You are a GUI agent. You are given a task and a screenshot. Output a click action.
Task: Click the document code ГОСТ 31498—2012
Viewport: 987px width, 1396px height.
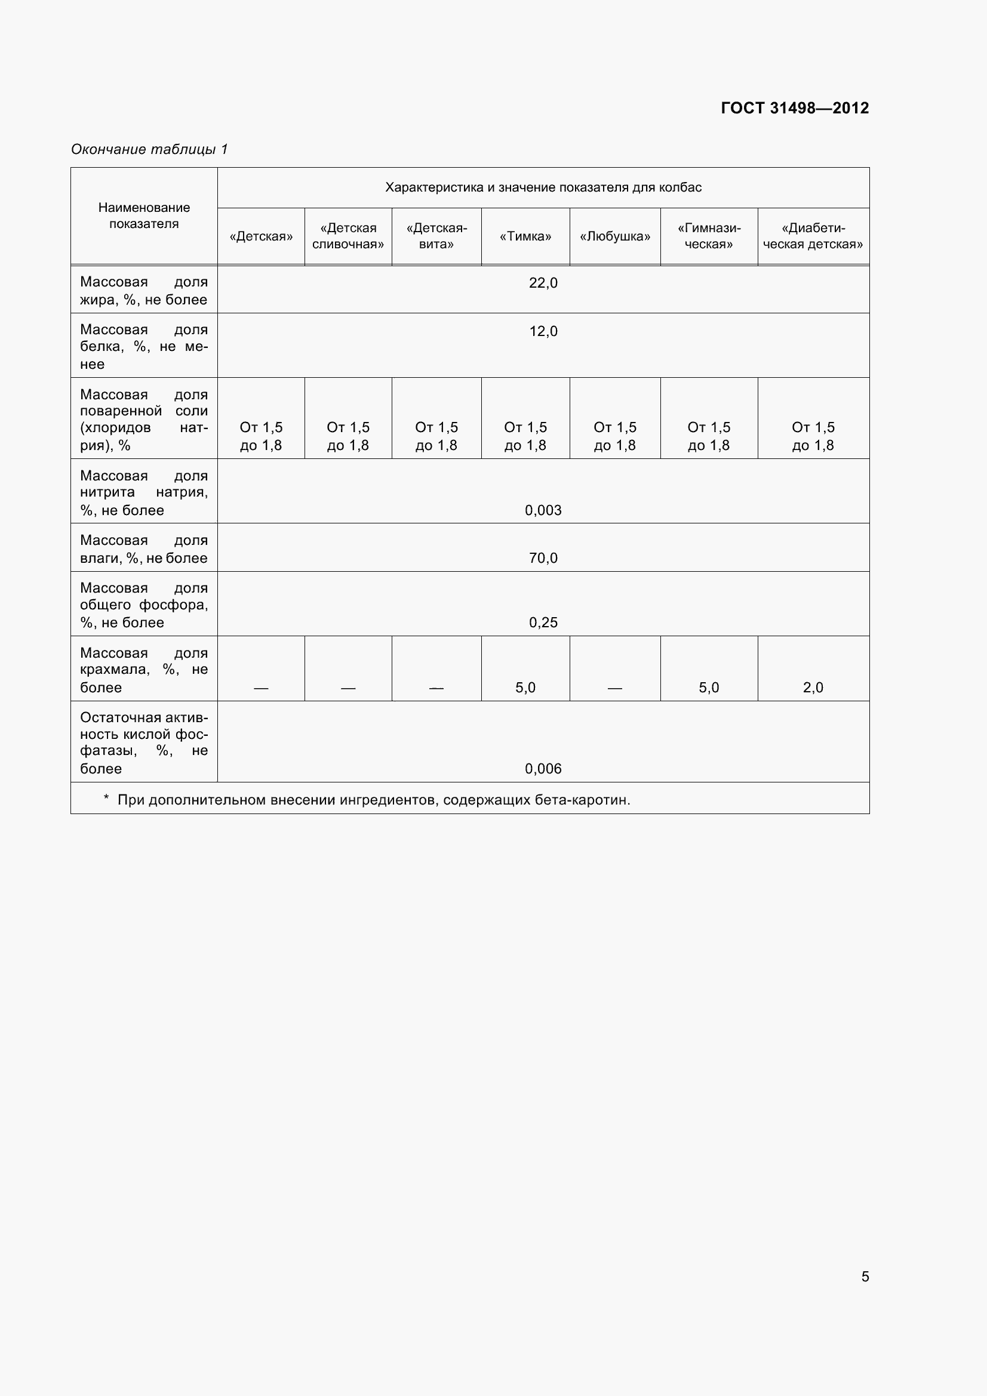(x=794, y=108)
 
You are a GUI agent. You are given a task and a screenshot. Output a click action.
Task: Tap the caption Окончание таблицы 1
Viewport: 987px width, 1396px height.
(x=149, y=150)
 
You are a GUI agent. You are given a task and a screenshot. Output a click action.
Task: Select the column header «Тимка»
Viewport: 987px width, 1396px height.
(x=525, y=236)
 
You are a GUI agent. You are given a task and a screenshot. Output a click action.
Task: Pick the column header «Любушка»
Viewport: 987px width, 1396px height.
(x=615, y=236)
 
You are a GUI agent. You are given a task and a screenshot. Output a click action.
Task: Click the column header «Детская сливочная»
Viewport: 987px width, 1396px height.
(x=348, y=236)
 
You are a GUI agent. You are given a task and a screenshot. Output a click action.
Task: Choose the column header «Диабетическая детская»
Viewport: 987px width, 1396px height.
(x=813, y=236)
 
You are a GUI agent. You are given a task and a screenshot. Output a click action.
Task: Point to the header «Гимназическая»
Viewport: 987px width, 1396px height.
(x=709, y=236)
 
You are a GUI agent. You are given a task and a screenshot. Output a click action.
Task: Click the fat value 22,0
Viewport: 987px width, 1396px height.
(x=543, y=283)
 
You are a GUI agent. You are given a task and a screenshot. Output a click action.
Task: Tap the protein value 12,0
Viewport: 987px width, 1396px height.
(x=543, y=331)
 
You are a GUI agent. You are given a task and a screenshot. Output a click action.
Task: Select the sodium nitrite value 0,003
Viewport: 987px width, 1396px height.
(x=543, y=510)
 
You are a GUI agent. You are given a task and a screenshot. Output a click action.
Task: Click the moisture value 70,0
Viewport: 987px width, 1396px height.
(x=543, y=558)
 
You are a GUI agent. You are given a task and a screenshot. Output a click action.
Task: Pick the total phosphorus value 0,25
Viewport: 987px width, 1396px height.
(x=543, y=623)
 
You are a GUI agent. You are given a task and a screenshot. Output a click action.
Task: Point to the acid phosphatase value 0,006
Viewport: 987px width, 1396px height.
(x=543, y=769)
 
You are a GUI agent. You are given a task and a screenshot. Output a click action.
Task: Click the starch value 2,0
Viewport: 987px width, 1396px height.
(x=813, y=688)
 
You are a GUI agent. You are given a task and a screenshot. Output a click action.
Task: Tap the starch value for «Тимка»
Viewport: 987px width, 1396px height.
(x=525, y=688)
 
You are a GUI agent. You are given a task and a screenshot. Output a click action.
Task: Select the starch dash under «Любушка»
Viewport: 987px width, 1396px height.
(x=615, y=688)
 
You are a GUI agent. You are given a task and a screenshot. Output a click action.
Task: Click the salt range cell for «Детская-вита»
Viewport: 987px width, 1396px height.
(x=436, y=436)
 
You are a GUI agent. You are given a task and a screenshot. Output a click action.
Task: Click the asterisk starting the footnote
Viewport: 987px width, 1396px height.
(x=106, y=799)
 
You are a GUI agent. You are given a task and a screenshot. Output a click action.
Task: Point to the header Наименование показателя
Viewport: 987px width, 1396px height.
(x=144, y=216)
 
